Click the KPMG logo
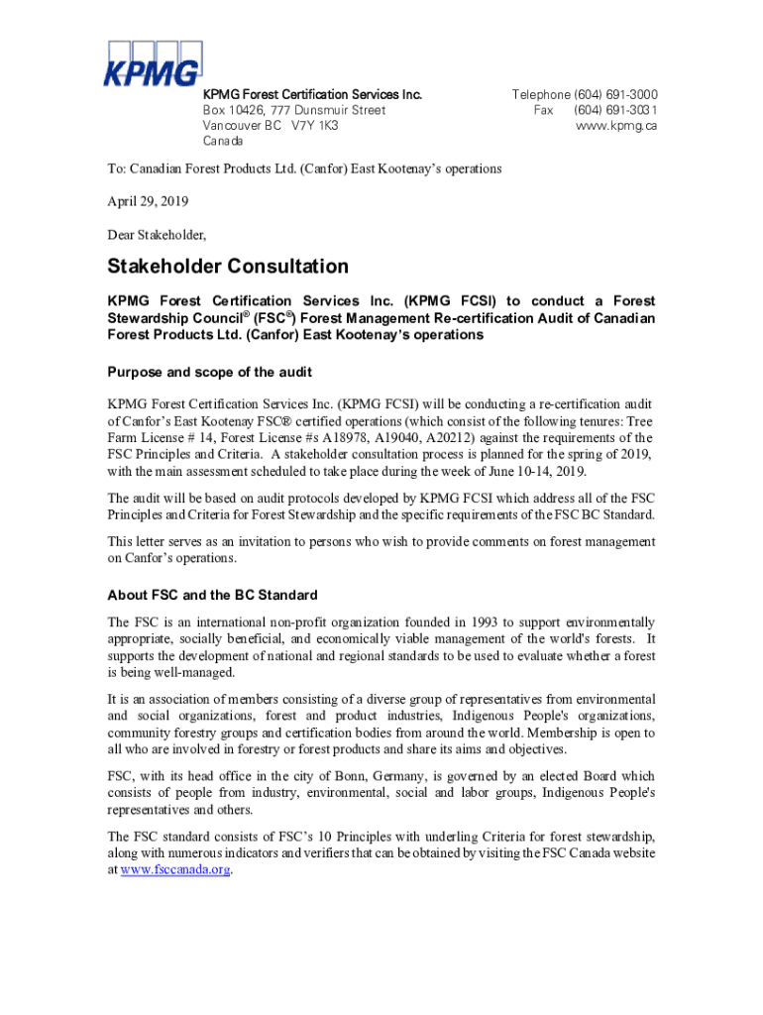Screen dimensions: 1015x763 pyautogui.click(x=155, y=63)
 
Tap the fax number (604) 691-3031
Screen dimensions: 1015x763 pyautogui.click(x=614, y=110)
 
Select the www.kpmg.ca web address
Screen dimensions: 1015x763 pyautogui.click(x=616, y=126)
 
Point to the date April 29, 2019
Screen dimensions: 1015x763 pyautogui.click(x=148, y=201)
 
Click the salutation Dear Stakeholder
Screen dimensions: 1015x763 pyautogui.click(x=157, y=235)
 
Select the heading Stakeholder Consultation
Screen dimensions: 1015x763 pyautogui.click(x=228, y=267)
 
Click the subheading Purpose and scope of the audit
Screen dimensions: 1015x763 pyautogui.click(x=209, y=372)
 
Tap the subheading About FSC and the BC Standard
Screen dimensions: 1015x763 pyautogui.click(x=212, y=595)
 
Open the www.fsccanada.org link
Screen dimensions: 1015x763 pyautogui.click(x=174, y=869)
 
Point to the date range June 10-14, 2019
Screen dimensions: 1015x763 pyautogui.click(x=525, y=471)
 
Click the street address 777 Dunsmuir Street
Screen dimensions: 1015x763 pyautogui.click(x=322, y=110)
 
